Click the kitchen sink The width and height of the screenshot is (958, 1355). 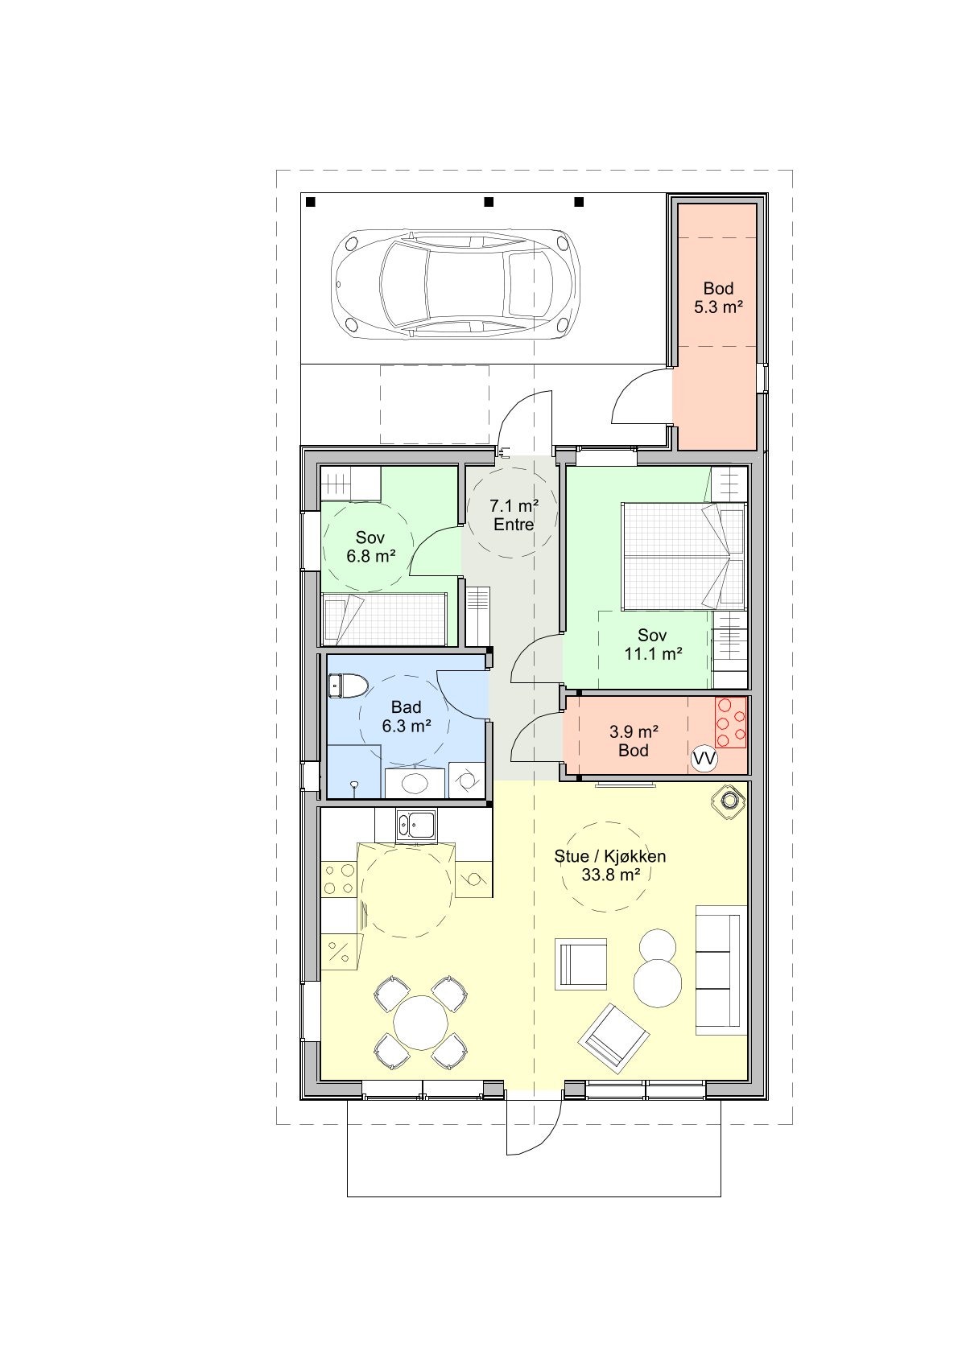click(415, 826)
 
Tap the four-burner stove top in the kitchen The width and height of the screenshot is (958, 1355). click(339, 879)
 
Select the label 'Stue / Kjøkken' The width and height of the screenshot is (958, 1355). click(610, 856)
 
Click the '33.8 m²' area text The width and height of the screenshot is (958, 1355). click(611, 875)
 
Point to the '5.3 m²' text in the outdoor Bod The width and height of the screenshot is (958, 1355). click(718, 307)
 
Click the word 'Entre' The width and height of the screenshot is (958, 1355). click(514, 525)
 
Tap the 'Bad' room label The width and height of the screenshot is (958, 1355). click(406, 706)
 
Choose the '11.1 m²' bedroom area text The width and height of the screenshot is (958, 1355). click(654, 653)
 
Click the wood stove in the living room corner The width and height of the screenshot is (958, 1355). click(729, 801)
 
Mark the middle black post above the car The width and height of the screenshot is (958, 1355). click(489, 201)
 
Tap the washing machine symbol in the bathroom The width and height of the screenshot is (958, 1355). click(466, 780)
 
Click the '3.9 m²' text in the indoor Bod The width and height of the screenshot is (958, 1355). click(634, 732)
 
